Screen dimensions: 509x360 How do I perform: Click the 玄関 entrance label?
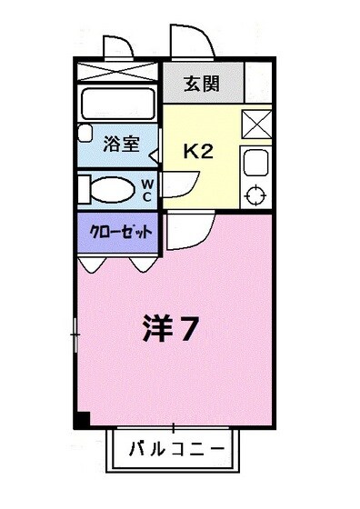click(x=203, y=85)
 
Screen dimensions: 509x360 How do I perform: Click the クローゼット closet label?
click(x=118, y=232)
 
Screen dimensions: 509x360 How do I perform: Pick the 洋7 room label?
click(x=169, y=330)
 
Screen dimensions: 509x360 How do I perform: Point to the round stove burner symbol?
click(x=255, y=194)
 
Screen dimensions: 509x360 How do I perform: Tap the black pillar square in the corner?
click(x=81, y=419)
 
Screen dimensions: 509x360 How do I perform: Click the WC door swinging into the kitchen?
click(x=178, y=185)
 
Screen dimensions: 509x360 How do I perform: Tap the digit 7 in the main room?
click(x=188, y=330)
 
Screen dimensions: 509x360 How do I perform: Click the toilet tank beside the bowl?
click(x=84, y=189)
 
